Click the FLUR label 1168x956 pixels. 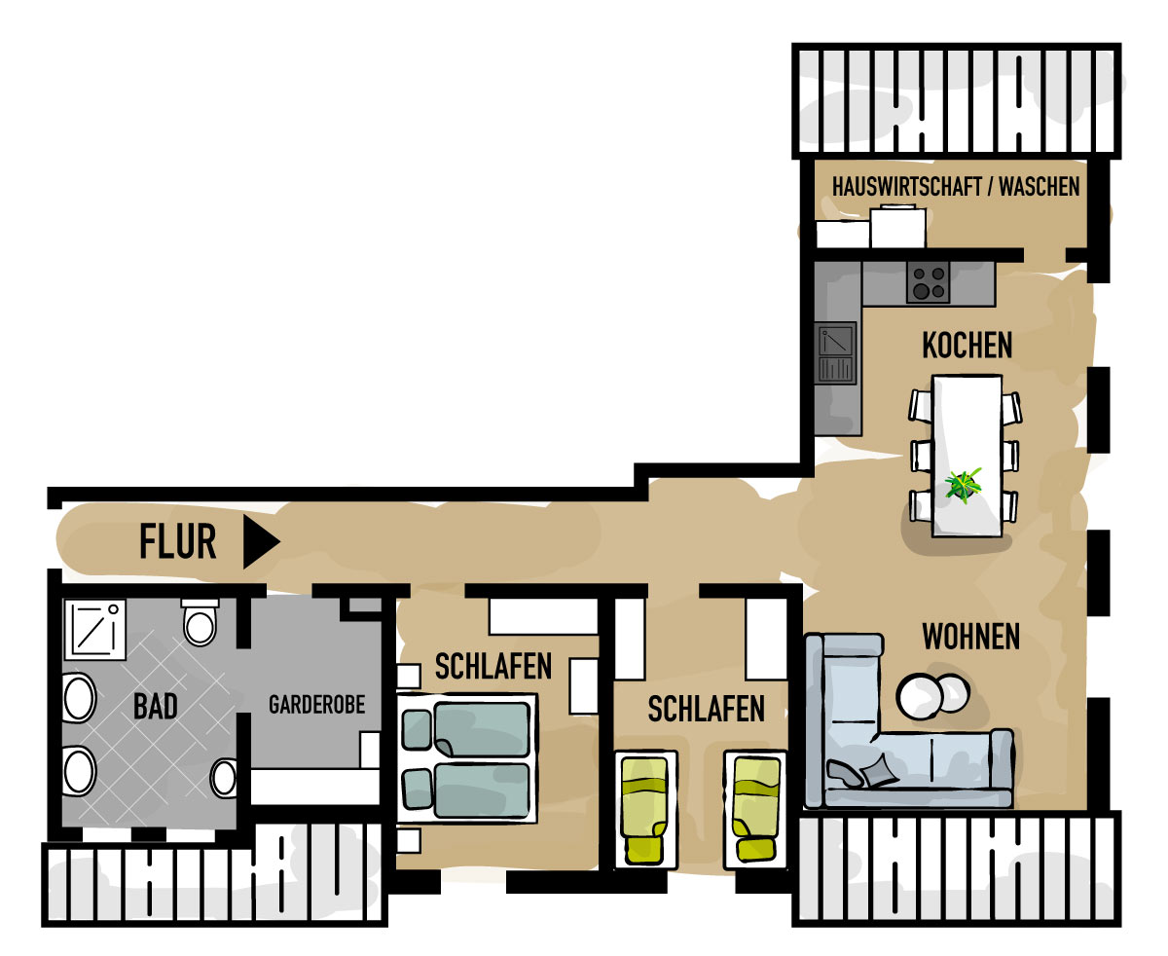(177, 541)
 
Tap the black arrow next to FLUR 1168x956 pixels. (259, 541)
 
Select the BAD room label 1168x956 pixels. (155, 706)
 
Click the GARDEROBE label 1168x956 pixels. (316, 705)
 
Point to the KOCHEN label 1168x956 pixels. (967, 345)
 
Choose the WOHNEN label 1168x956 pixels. (970, 637)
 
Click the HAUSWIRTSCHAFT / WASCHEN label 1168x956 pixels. (956, 186)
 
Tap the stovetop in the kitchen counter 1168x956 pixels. (928, 282)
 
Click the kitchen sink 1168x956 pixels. (835, 352)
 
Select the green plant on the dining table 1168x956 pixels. (963, 485)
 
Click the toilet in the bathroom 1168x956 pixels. (200, 622)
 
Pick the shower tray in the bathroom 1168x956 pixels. (94, 630)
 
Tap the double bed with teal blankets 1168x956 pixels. (467, 758)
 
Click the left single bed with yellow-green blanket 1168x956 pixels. (645, 809)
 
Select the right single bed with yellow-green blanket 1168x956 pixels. (756, 809)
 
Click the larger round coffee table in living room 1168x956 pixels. (918, 696)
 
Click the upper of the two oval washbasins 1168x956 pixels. (79, 698)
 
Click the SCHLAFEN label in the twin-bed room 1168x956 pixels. (706, 709)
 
